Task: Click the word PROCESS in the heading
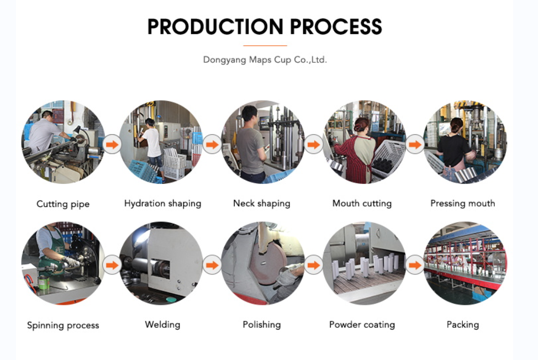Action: point(336,27)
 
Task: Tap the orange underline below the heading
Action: point(265,45)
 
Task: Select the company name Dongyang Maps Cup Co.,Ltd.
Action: point(265,60)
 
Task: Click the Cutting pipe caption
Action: point(63,204)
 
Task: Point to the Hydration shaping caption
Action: point(162,204)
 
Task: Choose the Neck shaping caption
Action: point(261,204)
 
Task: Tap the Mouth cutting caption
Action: point(362,204)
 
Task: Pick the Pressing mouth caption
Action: point(462,204)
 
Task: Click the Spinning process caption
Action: point(63,325)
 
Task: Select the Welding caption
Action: point(162,325)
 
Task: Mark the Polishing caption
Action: point(261,325)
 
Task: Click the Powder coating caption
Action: point(362,325)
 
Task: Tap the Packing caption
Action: point(462,325)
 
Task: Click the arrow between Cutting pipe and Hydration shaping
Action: point(112,145)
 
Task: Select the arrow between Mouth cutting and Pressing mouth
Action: point(414,145)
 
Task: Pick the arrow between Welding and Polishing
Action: point(212,266)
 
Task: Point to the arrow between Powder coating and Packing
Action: point(414,266)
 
